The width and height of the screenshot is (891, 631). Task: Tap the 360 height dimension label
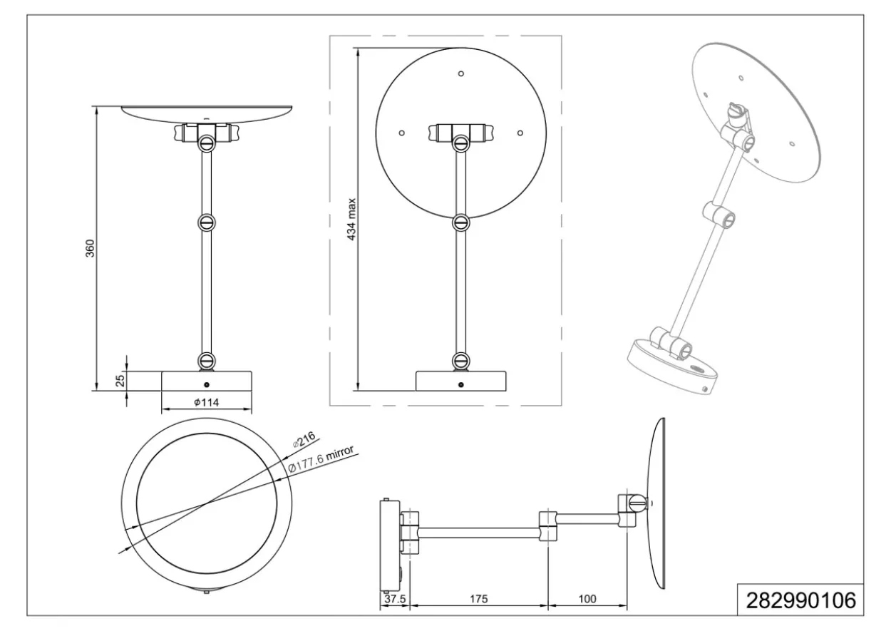[91, 248]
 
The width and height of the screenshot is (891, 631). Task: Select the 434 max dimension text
[351, 219]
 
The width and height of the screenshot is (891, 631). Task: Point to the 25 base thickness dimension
[120, 380]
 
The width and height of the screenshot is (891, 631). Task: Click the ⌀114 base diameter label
[207, 402]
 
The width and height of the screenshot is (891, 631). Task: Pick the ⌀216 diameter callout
[304, 438]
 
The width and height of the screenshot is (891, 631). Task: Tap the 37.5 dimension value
[395, 599]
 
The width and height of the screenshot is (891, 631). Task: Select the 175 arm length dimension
[478, 599]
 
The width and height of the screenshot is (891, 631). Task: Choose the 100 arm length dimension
[587, 599]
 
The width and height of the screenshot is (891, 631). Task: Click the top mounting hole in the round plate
[461, 73]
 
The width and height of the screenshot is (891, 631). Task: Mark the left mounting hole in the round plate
[402, 133]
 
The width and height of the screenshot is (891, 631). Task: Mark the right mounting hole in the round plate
[520, 133]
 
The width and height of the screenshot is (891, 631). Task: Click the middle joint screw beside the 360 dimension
[207, 222]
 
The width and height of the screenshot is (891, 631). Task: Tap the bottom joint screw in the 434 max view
[461, 361]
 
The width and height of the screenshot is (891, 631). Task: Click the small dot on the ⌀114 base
[207, 385]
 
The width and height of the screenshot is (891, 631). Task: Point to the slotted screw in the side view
[638, 503]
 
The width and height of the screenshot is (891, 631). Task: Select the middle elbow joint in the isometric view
[719, 215]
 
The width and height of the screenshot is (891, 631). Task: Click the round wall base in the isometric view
[673, 366]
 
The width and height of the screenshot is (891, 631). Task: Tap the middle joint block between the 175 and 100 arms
[547, 526]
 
